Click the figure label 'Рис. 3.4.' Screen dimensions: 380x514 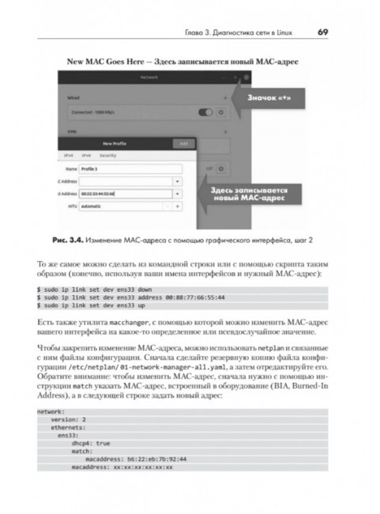pyautogui.click(x=76, y=239)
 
